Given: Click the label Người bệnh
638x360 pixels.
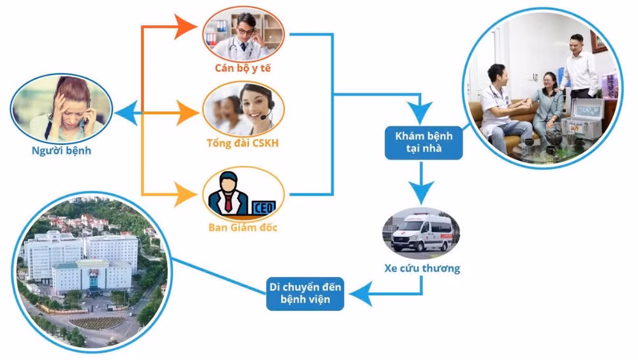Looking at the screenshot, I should [61, 151].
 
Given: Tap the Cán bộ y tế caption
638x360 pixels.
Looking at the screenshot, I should [242, 68].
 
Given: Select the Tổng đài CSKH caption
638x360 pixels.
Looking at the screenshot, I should [242, 143].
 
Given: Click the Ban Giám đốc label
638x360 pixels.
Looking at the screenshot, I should [243, 227].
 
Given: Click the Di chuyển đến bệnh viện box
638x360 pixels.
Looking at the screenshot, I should [305, 294].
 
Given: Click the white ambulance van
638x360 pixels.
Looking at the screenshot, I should [421, 232].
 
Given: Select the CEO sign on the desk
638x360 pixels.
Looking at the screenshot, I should [265, 207].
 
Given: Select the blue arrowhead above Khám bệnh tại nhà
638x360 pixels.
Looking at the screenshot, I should [421, 114].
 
